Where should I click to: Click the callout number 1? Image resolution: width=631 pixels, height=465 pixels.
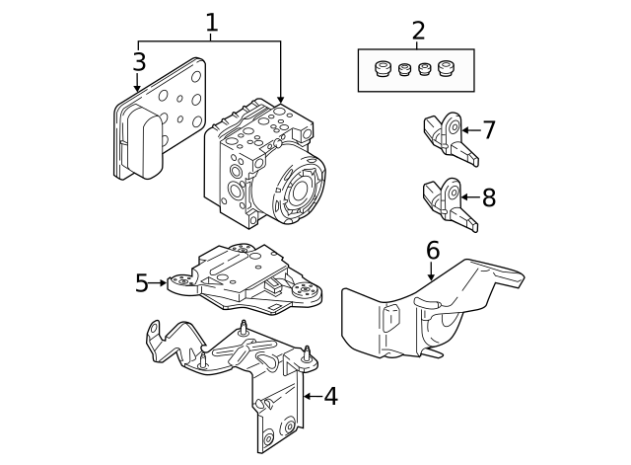[x=211, y=22]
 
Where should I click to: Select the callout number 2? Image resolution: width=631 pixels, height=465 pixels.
[x=418, y=30]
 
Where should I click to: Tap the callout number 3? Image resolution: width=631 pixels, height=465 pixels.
[x=139, y=61]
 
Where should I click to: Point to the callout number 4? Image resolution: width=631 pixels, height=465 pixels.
[x=330, y=397]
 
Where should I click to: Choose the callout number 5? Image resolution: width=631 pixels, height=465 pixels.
[x=141, y=284]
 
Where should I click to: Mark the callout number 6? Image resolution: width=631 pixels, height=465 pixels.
[x=433, y=250]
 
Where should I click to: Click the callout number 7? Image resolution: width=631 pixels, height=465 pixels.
[x=489, y=129]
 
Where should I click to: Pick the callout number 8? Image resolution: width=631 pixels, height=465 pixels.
[x=489, y=197]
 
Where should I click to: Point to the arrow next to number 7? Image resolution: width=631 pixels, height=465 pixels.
[x=468, y=129]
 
